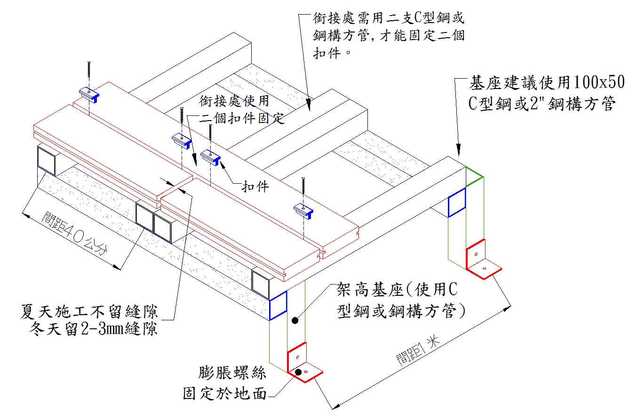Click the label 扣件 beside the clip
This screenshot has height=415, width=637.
point(255,187)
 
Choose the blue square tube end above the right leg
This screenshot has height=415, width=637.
point(456,202)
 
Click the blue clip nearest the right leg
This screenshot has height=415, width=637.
point(303,210)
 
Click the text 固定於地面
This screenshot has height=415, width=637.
point(225,393)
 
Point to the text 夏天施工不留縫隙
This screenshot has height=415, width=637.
point(89,311)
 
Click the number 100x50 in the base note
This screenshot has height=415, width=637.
point(597,83)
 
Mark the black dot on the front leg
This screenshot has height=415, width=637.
point(295,321)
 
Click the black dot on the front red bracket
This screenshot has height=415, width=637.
point(298,372)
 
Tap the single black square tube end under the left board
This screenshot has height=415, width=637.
point(46,161)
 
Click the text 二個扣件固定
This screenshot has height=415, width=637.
point(242,118)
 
